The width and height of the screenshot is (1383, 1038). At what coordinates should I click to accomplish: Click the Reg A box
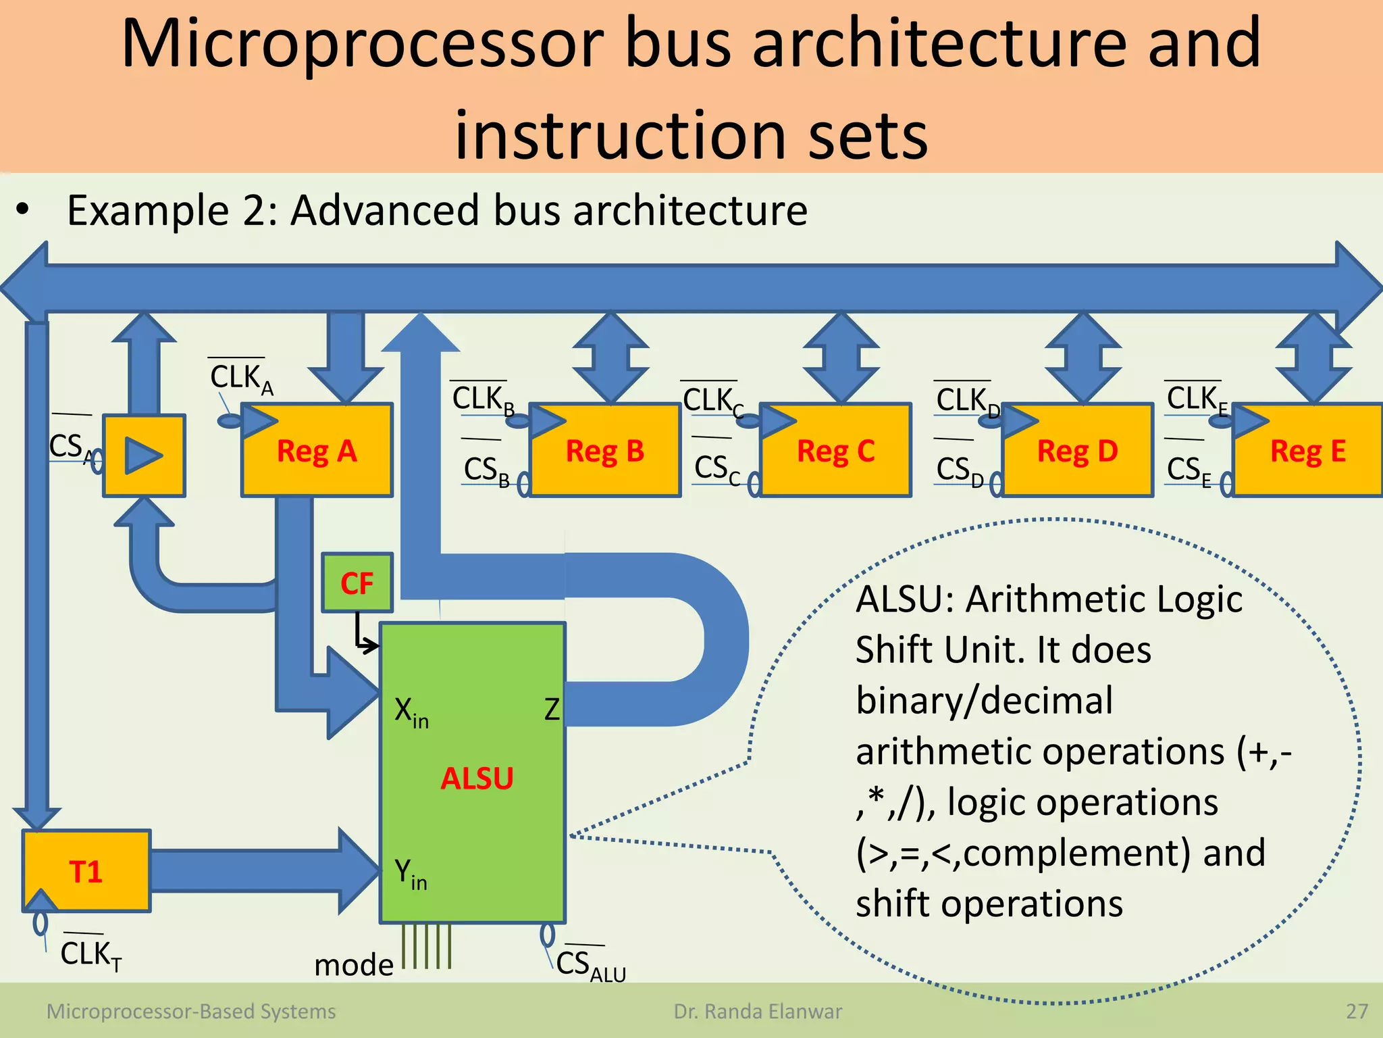coord(317,451)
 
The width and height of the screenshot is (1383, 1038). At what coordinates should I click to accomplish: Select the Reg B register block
coord(605,451)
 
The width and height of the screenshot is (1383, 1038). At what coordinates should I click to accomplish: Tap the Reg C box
coord(836,451)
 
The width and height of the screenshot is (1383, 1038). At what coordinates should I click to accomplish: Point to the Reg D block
coord(1078,451)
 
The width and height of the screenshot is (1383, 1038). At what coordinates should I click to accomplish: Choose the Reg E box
coord(1308,451)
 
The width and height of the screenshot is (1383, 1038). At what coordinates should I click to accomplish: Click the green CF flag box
coord(357,583)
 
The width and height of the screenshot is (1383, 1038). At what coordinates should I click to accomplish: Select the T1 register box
coord(86,871)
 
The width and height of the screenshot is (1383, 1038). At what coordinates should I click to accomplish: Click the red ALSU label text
coord(477,778)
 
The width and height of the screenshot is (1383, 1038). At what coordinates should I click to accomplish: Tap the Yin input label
coord(411,874)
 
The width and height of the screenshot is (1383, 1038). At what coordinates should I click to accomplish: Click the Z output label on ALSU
coord(552,710)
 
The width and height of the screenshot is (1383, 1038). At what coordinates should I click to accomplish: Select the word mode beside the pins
coord(354,964)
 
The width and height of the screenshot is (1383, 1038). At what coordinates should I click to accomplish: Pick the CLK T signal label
coord(90,955)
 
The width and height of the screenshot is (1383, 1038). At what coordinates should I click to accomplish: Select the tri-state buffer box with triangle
coord(144,455)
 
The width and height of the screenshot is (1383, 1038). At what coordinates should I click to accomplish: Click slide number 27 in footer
coord(1357,1011)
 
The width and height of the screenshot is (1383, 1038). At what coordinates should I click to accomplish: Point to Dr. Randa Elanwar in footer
coord(758,1011)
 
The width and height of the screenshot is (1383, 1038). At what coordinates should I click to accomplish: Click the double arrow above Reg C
coord(841,358)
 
